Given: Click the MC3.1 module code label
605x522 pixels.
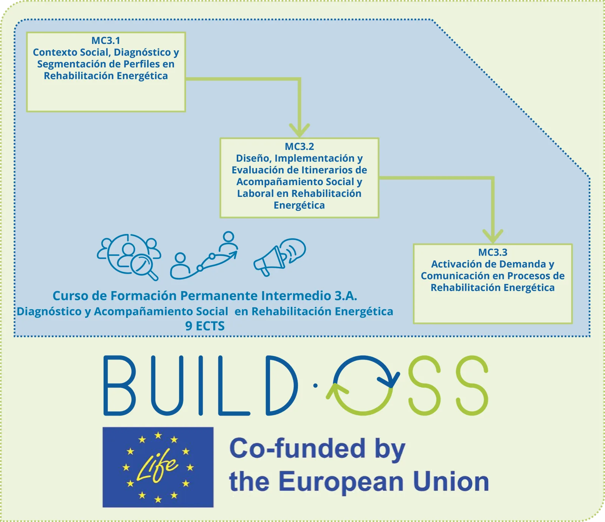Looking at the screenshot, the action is pyautogui.click(x=106, y=41).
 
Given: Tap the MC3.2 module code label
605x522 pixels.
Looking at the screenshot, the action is pyautogui.click(x=299, y=146).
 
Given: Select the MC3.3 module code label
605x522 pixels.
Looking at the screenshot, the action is pyautogui.click(x=493, y=252).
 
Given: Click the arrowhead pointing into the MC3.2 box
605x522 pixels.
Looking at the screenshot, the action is pyautogui.click(x=299, y=130).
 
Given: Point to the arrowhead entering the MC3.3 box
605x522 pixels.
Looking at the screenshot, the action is pyautogui.click(x=493, y=236).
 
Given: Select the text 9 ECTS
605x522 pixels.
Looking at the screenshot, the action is pyautogui.click(x=205, y=326).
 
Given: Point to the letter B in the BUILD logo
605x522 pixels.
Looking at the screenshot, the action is pyautogui.click(x=119, y=385).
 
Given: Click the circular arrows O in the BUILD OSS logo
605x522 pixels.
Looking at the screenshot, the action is pyautogui.click(x=363, y=385).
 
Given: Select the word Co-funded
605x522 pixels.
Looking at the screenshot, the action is pyautogui.click(x=297, y=449).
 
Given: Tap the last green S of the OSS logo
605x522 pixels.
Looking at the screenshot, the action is pyautogui.click(x=472, y=385).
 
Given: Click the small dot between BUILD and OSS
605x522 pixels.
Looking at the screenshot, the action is pyautogui.click(x=315, y=386).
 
